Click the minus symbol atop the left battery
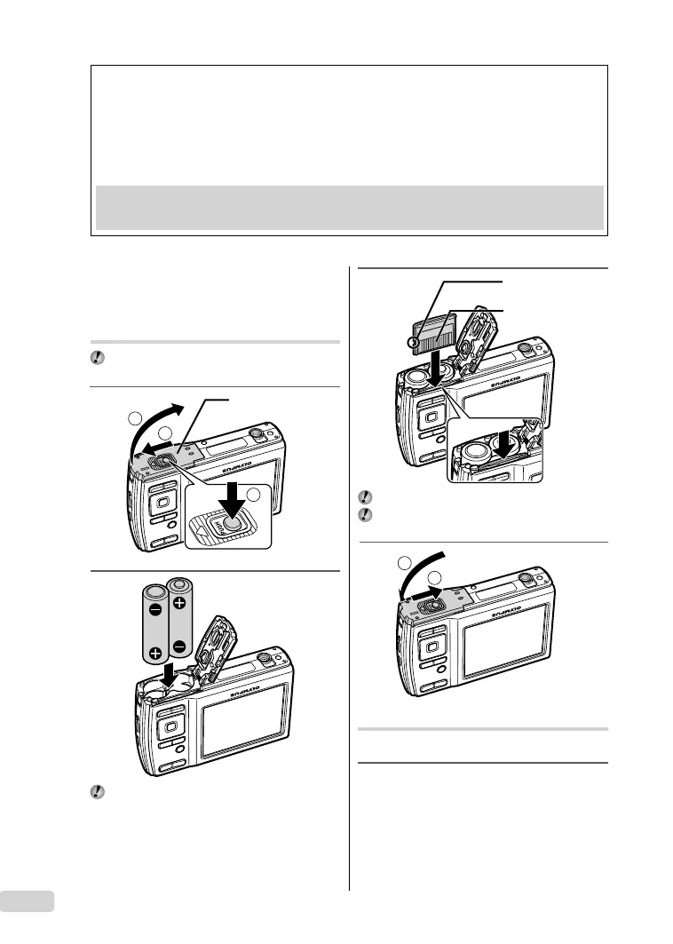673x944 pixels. click(155, 611)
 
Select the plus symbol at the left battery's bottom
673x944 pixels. click(155, 653)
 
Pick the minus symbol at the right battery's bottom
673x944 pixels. click(180, 647)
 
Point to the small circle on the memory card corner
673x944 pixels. click(413, 343)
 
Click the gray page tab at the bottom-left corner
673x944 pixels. click(27, 901)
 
